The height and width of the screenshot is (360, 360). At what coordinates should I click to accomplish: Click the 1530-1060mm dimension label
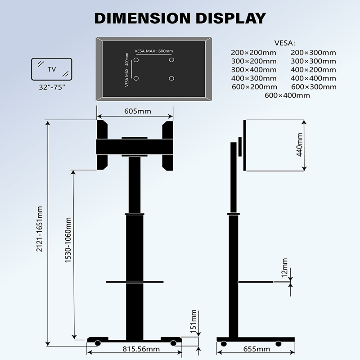tap(68, 240)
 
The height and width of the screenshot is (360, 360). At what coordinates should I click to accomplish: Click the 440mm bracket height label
tap(300, 145)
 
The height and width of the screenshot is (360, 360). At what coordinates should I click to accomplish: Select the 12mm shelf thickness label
tap(285, 267)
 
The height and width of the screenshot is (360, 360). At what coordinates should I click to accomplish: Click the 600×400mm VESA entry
tap(287, 95)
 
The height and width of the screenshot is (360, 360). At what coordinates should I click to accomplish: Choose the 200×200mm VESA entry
tap(253, 53)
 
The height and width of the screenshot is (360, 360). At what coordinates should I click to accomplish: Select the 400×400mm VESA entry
tap(313, 78)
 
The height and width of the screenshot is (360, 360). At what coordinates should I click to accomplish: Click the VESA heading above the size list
tap(284, 43)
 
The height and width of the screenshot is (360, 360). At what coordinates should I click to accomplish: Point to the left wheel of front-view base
tap(98, 343)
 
